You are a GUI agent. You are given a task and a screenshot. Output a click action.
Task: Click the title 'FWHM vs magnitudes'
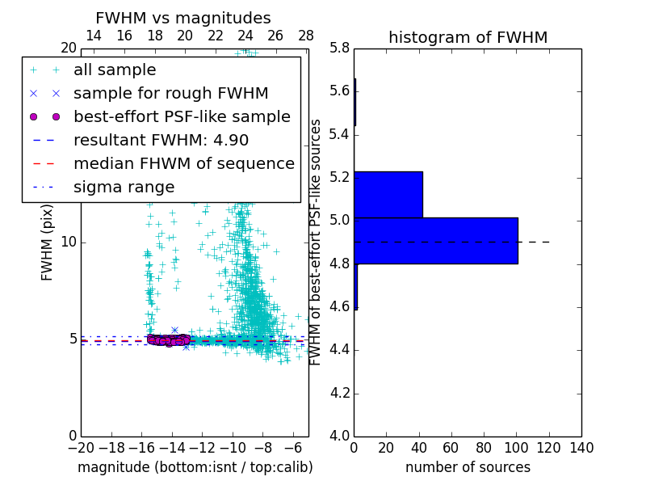tap(183, 18)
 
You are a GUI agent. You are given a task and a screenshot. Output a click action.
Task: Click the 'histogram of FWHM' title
tap(468, 37)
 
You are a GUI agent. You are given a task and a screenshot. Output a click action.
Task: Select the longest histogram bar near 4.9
tap(435, 240)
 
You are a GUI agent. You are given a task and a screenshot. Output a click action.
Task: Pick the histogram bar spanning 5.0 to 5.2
tap(388, 194)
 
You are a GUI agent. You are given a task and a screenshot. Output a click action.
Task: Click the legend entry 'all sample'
tap(115, 70)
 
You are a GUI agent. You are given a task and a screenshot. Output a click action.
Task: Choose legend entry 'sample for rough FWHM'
tap(171, 93)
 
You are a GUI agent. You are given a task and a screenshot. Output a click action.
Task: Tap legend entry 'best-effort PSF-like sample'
tap(182, 116)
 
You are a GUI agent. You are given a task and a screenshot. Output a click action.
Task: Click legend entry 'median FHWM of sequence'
tap(184, 163)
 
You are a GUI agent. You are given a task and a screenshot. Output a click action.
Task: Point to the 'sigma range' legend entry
tap(124, 187)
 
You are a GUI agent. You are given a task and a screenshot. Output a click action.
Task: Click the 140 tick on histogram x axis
tap(581, 448)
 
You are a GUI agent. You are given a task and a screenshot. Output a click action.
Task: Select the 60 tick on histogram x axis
tap(451, 448)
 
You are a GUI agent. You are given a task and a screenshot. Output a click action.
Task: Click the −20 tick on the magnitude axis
tap(81, 448)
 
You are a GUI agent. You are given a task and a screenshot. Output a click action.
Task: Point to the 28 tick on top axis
tap(306, 36)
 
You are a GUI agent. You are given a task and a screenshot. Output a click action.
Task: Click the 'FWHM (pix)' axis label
tap(48, 242)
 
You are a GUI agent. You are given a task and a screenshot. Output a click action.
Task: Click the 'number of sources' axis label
tap(468, 467)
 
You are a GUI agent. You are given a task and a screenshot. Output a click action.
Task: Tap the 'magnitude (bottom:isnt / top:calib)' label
tap(195, 467)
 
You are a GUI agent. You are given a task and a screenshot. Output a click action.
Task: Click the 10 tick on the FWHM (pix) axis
tap(68, 242)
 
